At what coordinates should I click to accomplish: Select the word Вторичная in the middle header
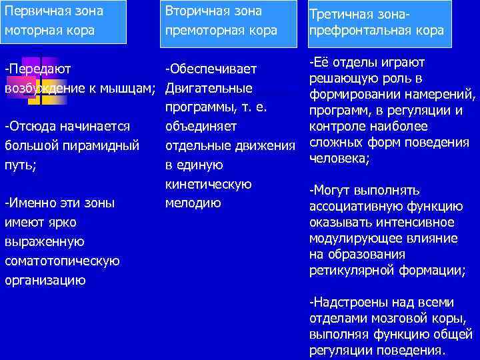point(197,11)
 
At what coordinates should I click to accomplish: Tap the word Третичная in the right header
point(342,13)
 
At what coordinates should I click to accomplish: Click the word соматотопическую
point(62,261)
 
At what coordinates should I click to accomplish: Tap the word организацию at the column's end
point(45,280)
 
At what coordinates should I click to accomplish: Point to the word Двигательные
point(209,88)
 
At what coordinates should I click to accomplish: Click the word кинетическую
point(208,184)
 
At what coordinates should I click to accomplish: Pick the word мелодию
point(193,203)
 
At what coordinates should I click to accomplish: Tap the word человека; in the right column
point(340,159)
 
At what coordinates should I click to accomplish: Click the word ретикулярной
point(347,270)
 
